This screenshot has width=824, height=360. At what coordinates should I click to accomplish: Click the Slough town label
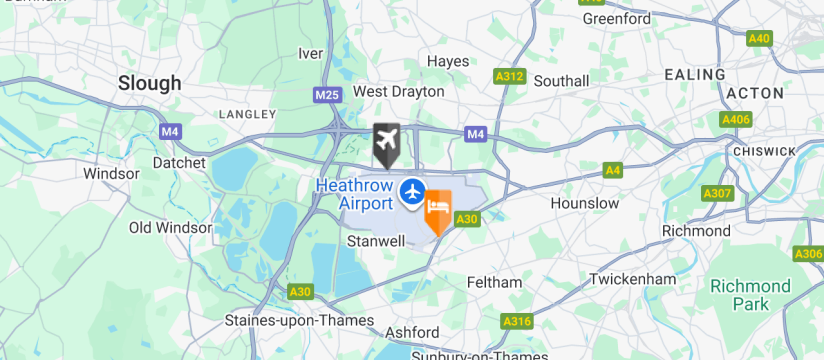[x=150, y=83]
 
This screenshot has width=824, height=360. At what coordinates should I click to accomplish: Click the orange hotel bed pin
[x=438, y=210]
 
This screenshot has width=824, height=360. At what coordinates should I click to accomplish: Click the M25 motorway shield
[x=326, y=95]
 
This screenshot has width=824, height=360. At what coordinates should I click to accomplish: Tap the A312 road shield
[x=510, y=75]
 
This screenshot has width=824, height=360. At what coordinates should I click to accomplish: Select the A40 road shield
[x=760, y=38]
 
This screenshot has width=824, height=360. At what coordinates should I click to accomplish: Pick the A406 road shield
[x=736, y=119]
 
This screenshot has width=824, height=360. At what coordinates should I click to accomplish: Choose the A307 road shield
[x=717, y=193]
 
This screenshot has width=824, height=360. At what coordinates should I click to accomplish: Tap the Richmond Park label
[x=750, y=295]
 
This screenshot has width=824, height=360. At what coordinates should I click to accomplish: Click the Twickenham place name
[x=632, y=279]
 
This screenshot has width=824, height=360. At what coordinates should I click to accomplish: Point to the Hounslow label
[x=585, y=203]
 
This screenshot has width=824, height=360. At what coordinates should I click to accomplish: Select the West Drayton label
[x=398, y=91]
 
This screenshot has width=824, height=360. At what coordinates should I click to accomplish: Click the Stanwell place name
[x=375, y=241]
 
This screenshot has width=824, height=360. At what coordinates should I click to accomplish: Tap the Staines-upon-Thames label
[x=299, y=321]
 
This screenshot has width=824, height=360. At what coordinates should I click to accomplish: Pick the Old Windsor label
[x=170, y=228]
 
